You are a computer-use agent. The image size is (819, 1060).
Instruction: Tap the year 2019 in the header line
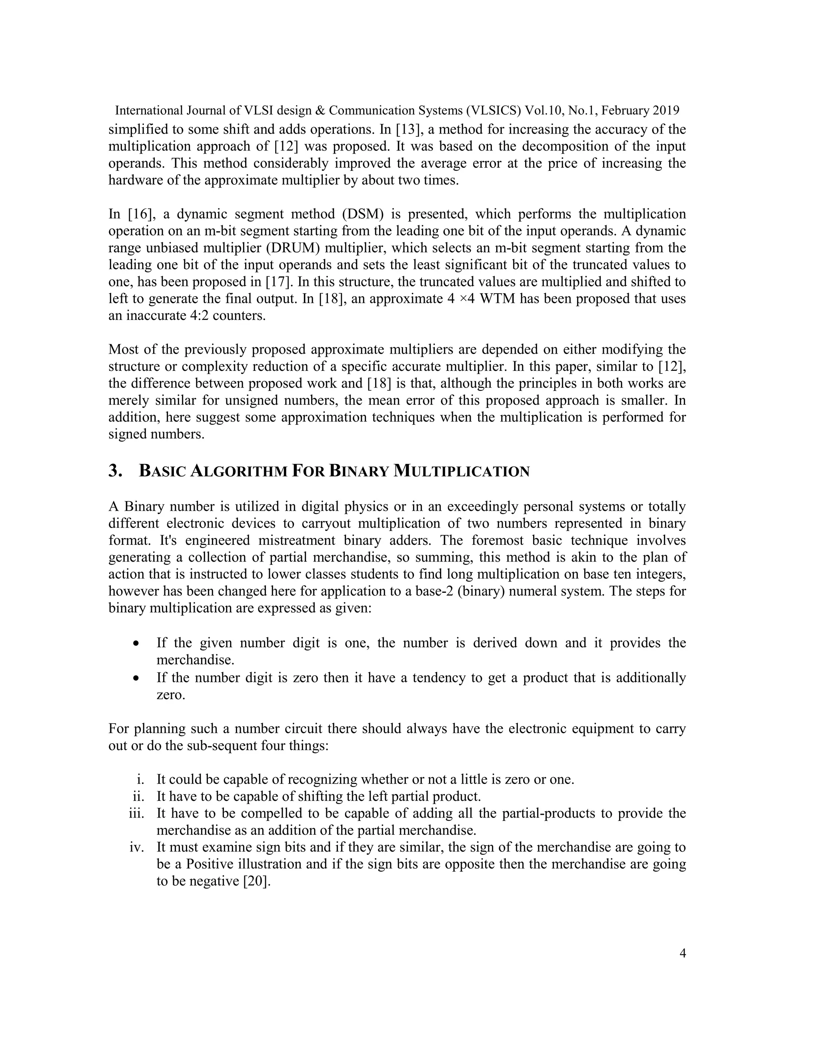666,111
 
